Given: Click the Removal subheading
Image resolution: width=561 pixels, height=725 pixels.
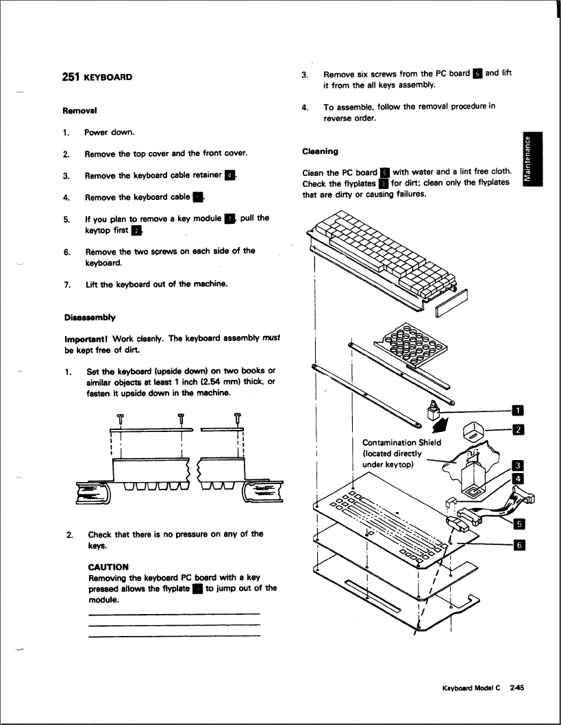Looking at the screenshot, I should coord(79,110).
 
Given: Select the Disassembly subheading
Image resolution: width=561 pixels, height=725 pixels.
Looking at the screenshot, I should coord(90,318).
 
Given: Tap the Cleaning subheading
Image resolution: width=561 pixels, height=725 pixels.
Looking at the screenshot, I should coord(321,151).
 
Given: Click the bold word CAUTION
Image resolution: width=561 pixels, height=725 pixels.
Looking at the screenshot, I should coord(108,567).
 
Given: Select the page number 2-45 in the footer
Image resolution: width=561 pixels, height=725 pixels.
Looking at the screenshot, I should coord(516,691).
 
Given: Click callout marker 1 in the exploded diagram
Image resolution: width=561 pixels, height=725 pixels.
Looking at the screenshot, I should coord(519,411).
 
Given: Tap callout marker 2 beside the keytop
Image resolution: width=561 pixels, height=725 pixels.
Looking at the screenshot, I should coord(519,430).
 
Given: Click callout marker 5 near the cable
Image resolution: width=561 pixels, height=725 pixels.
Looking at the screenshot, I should coord(519,525).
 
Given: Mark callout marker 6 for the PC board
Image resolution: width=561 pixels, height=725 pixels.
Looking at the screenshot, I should coord(519,544).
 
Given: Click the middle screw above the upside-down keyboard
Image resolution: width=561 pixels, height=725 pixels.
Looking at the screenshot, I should coord(181,420).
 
